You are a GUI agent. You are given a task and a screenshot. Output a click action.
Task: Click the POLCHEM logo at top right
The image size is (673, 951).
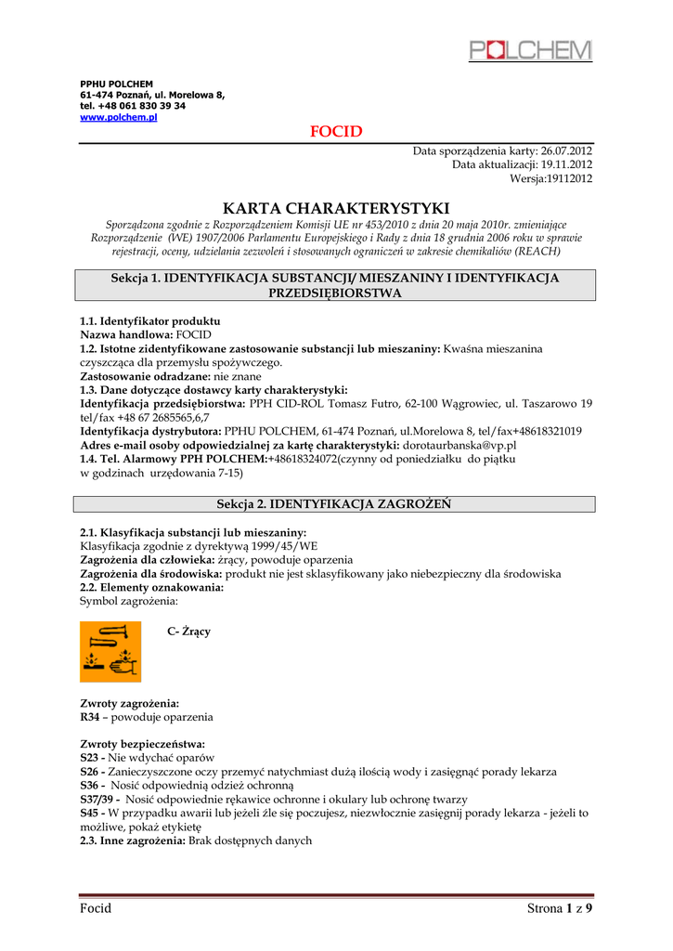(x=530, y=50)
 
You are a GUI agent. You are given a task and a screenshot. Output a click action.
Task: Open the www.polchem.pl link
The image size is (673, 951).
(x=119, y=118)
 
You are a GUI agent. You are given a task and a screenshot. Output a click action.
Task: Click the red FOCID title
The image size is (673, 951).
(x=336, y=132)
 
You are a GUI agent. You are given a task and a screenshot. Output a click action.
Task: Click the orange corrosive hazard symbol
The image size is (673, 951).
(x=110, y=651)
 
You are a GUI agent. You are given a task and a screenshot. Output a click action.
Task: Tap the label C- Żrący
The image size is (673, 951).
(x=188, y=632)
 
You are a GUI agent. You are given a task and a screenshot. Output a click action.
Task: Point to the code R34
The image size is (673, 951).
(x=89, y=718)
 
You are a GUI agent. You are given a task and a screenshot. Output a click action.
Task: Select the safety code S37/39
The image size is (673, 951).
(x=97, y=800)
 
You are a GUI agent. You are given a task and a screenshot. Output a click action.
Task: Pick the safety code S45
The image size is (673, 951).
(x=89, y=813)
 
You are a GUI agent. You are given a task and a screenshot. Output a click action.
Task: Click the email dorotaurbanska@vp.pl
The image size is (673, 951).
(x=460, y=446)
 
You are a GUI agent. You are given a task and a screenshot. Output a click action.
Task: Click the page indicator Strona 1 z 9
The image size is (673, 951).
(x=559, y=908)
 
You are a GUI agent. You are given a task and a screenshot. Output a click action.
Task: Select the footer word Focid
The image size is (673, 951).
(x=96, y=908)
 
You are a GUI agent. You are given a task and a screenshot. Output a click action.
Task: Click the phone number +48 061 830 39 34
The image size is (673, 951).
(x=149, y=106)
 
